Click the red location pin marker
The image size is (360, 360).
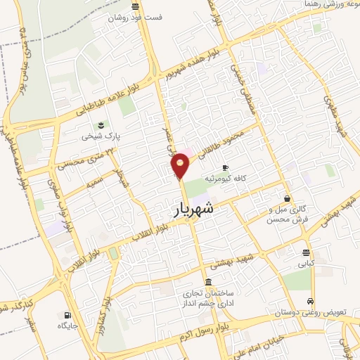(181, 166)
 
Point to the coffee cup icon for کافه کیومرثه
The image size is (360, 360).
(225, 167)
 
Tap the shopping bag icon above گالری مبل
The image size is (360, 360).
(286, 198)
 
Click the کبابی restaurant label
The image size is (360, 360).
(306, 264)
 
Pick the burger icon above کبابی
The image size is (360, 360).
(306, 252)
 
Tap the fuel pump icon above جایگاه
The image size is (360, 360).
(67, 315)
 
